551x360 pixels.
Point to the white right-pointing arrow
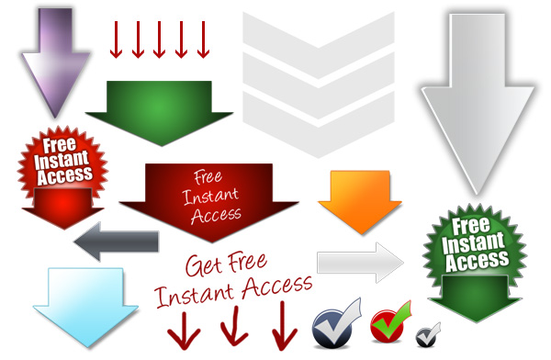pyautogui.click(x=358, y=262)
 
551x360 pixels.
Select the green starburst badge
pyautogui.click(x=477, y=246)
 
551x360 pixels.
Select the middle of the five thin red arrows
pyautogui.click(x=159, y=39)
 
